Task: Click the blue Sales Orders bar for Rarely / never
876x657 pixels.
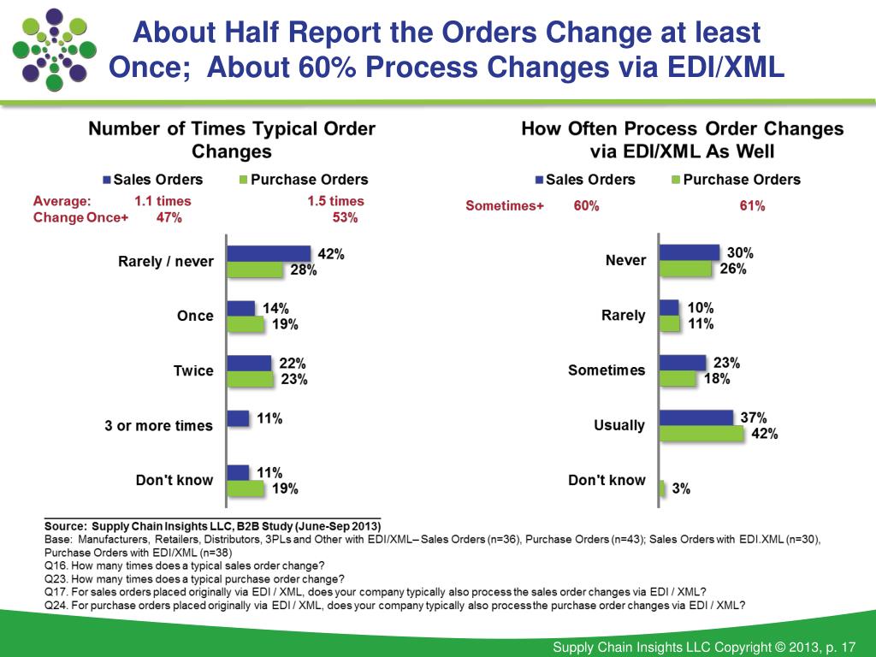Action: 268,253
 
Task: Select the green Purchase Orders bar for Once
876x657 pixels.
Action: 246,324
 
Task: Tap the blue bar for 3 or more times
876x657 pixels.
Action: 238,418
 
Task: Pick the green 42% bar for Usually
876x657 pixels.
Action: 701,434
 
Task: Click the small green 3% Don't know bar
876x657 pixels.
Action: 663,488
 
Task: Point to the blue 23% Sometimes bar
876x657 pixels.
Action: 683,363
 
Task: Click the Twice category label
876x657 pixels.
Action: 193,371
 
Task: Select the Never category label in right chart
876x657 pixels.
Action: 625,260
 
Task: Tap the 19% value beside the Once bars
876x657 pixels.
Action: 284,325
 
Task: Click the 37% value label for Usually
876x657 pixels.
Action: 753,417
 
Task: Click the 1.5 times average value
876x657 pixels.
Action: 335,201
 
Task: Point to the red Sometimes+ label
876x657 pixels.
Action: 505,206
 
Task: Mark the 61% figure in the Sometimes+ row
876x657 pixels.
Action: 752,206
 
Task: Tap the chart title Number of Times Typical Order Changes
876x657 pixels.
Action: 232,140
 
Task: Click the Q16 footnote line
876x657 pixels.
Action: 184,565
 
